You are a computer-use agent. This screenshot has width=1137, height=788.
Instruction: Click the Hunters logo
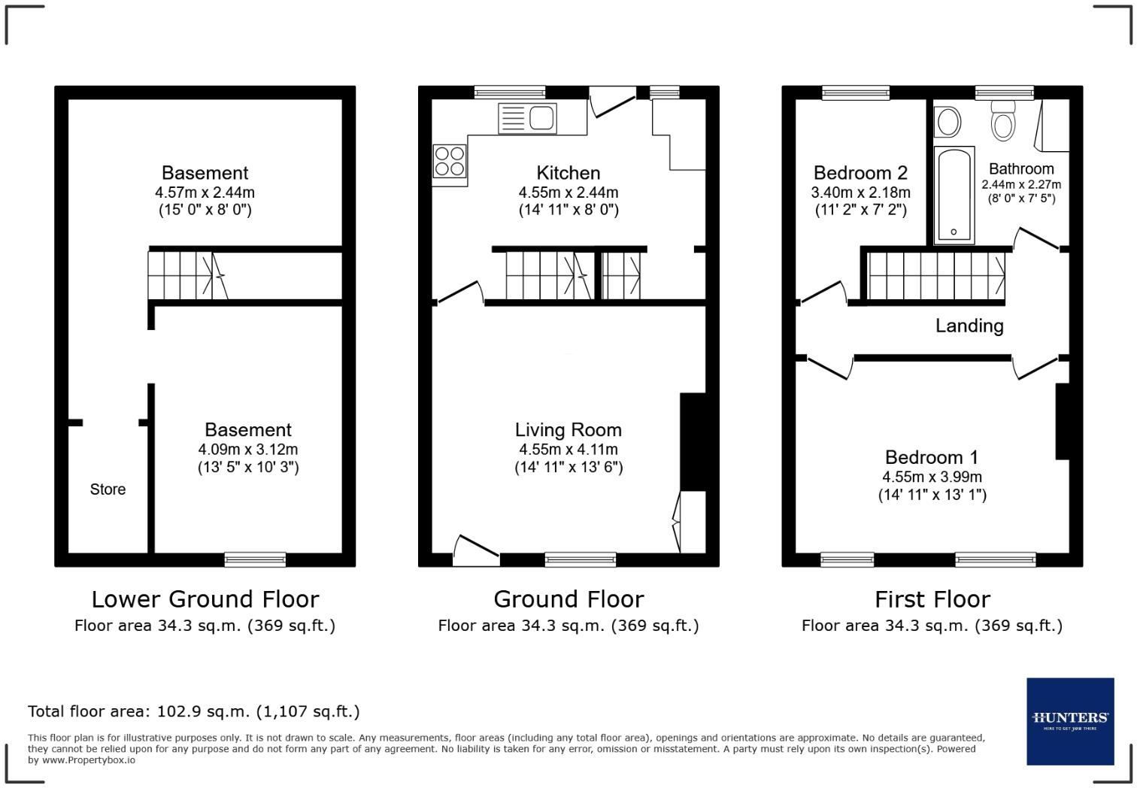(x=1069, y=720)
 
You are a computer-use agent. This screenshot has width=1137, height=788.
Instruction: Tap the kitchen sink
(x=527, y=119)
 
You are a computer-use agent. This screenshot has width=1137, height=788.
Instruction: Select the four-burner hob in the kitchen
(x=450, y=161)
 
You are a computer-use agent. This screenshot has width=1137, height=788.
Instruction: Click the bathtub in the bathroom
(x=954, y=195)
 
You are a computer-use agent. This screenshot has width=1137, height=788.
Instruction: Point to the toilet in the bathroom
(x=1003, y=123)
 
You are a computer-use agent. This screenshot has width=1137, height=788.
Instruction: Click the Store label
(x=108, y=489)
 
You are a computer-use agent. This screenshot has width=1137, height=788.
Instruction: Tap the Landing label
(x=969, y=326)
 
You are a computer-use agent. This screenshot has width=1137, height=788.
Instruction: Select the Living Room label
(x=568, y=430)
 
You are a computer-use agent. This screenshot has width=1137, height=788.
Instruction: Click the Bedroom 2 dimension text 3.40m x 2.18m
(x=860, y=192)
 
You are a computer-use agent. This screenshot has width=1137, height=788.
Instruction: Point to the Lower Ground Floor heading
(x=205, y=599)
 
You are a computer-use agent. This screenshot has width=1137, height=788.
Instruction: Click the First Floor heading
(x=932, y=599)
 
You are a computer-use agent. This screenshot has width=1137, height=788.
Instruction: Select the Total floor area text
(x=193, y=711)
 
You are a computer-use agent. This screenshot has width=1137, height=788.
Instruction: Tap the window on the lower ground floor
(x=255, y=559)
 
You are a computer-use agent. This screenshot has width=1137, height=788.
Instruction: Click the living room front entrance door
(x=476, y=550)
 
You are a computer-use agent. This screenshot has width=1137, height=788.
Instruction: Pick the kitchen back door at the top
(x=611, y=103)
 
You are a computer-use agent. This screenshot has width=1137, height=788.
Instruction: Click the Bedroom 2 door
(x=823, y=292)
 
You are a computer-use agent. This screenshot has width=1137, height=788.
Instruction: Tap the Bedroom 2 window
(x=856, y=93)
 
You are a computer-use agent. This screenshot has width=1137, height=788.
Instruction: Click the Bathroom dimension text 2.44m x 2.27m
(x=1021, y=184)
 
